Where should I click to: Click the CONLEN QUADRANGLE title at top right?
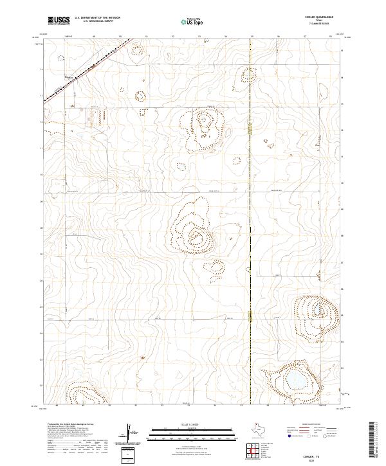tap(319, 17)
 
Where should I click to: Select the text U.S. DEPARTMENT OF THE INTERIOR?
tap(97, 18)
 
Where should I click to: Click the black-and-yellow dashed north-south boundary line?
tap(250, 193)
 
